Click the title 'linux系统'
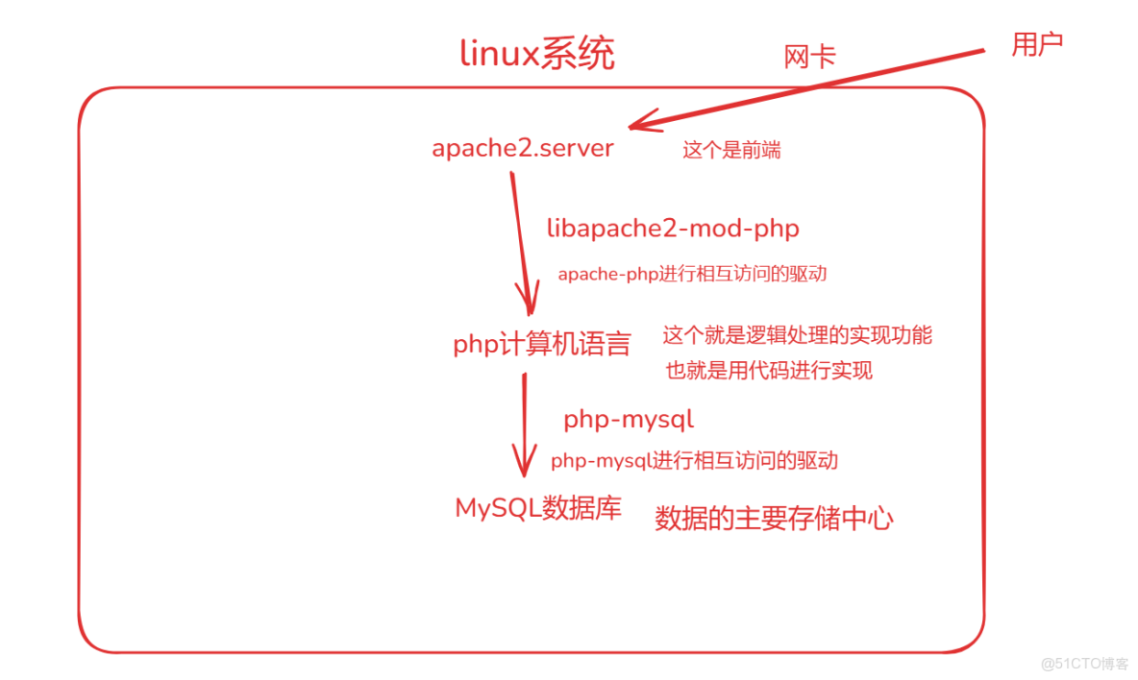(537, 54)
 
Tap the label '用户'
(1037, 43)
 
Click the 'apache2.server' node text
(523, 149)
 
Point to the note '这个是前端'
(731, 150)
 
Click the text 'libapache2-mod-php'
(673, 229)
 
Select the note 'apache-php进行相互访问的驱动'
(692, 274)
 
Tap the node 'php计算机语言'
(541, 344)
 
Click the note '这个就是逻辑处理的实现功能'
(797, 335)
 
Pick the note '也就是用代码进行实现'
(769, 370)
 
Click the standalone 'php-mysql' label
(629, 420)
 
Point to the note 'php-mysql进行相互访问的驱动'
(694, 461)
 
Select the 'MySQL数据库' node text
(538, 508)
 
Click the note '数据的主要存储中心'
(774, 520)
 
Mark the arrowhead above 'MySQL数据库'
(524, 463)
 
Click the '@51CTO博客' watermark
(1084, 664)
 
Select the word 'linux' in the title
(499, 54)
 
